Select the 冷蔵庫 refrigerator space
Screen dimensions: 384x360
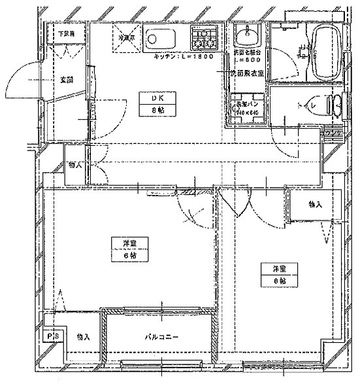pyautogui.click(x=126, y=38)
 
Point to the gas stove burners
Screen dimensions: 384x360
pyautogui.click(x=206, y=38)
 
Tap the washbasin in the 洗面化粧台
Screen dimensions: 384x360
pyautogui.click(x=246, y=35)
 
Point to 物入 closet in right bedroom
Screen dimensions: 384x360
pyautogui.click(x=316, y=205)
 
